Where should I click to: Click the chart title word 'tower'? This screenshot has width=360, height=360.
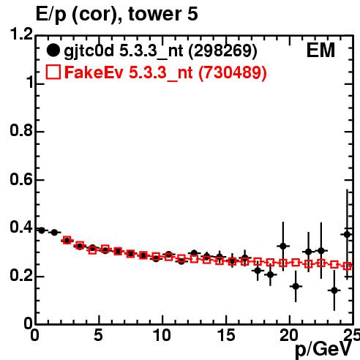(154, 14)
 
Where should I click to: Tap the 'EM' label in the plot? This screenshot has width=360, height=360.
(320, 50)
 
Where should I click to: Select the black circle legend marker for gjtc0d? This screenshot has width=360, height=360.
(53, 50)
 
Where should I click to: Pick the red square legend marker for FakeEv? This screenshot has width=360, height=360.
(53, 72)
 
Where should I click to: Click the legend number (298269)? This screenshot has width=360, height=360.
(223, 50)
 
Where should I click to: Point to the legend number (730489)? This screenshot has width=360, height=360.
(233, 72)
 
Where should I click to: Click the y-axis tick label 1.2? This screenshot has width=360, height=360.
(21, 34)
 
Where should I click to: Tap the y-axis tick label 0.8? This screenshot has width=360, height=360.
(21, 130)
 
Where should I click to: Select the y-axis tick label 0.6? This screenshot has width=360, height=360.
(21, 179)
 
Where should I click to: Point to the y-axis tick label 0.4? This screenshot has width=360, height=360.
(21, 228)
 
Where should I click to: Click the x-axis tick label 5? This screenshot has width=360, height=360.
(98, 335)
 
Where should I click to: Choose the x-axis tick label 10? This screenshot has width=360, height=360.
(162, 335)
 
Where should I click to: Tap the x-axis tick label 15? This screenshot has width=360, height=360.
(226, 335)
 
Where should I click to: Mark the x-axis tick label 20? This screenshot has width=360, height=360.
(290, 335)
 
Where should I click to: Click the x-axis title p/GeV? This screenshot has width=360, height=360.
(323, 350)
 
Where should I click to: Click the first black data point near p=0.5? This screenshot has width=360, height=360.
(42, 230)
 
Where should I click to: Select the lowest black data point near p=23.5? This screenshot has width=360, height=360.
(334, 290)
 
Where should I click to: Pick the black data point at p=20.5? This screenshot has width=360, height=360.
(296, 286)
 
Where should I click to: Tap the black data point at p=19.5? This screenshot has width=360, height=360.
(283, 246)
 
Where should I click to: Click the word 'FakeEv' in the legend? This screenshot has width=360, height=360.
(94, 72)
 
